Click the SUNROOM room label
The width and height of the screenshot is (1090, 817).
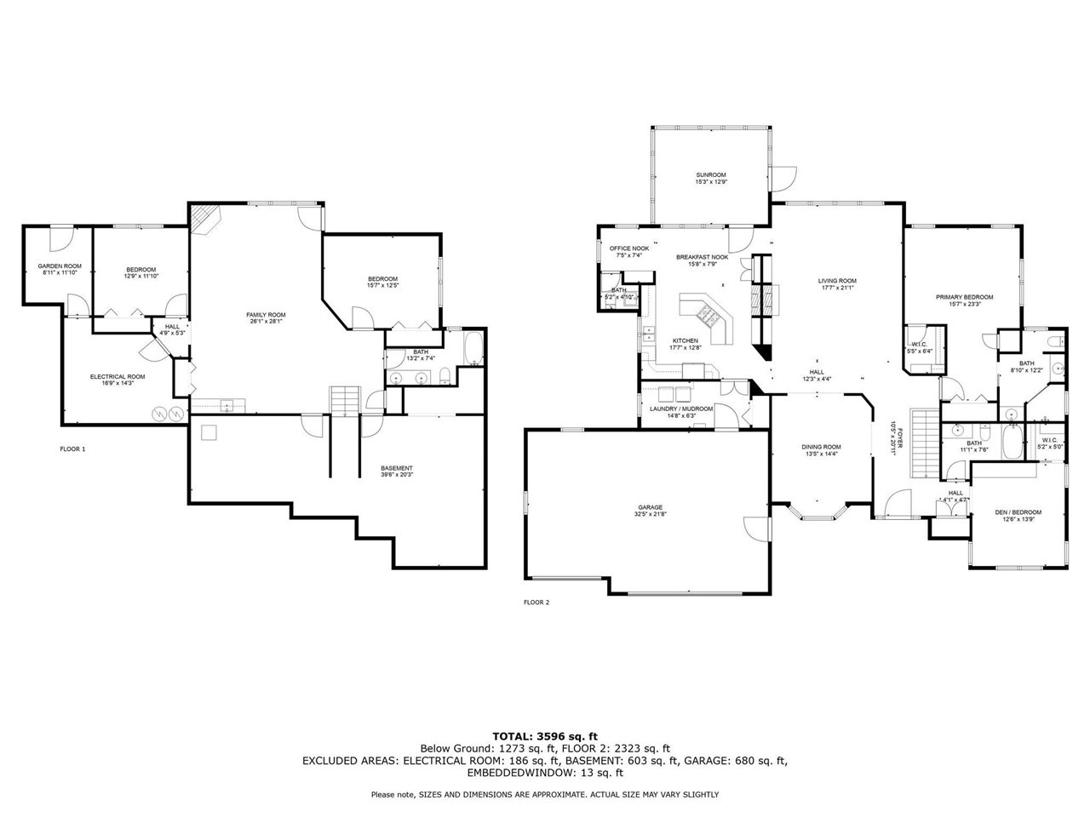click(711, 174)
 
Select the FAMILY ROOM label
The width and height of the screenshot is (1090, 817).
click(266, 314)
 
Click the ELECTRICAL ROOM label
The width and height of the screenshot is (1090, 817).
click(118, 376)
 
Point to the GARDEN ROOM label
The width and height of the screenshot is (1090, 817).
click(60, 266)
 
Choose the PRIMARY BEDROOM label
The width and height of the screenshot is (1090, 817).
click(965, 297)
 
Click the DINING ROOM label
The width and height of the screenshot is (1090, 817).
click(821, 447)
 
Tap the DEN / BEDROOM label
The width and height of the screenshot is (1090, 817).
click(1018, 512)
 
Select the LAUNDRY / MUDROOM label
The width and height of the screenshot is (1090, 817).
click(680, 408)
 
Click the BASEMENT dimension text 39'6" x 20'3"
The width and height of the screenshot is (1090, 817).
click(397, 475)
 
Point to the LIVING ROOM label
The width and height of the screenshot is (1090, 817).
click(837, 280)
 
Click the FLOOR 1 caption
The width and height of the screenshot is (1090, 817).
click(72, 448)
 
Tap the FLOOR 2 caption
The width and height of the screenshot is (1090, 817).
click(536, 603)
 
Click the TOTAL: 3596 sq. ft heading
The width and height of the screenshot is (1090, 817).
click(545, 735)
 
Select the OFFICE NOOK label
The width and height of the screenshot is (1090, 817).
click(628, 249)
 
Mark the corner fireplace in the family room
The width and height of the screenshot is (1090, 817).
click(204, 219)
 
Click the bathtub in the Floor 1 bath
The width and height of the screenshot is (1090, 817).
click(473, 349)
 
